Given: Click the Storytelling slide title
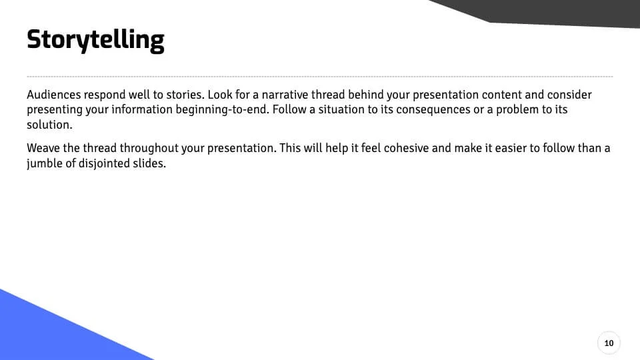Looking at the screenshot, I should [95, 40].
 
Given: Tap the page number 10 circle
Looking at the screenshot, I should [608, 343].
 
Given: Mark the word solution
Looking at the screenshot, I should [47, 125].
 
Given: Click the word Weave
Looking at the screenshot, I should [43, 148].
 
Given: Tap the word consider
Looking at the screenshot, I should [570, 95].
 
